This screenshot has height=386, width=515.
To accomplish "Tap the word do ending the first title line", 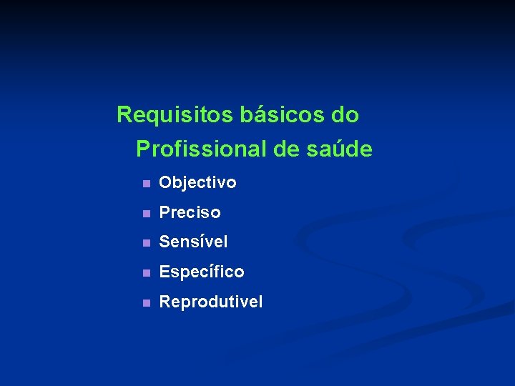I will point(345,114).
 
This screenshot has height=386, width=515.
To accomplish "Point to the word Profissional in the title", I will point(201,149).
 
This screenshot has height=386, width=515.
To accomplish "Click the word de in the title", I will point(285,149).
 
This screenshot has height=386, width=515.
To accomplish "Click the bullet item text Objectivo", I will point(197,183).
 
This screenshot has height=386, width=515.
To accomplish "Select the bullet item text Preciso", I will point(190,213).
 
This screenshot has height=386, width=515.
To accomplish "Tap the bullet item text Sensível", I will point(193,242).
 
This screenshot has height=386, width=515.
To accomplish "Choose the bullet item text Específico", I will point(201,272).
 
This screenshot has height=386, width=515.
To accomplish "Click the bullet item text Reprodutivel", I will point(210,302).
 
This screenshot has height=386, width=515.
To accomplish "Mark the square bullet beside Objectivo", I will point(146,184).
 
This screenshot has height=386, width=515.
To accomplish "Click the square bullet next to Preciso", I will point(146,214).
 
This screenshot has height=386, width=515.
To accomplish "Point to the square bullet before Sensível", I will point(146,243).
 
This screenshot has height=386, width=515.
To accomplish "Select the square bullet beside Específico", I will point(146,273).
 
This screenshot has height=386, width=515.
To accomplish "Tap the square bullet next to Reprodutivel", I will point(146,303).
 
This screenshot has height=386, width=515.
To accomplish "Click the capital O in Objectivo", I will point(165,183).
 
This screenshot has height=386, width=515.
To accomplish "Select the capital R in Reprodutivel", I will point(165,302).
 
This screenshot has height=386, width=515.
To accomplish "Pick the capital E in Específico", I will point(164,272).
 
